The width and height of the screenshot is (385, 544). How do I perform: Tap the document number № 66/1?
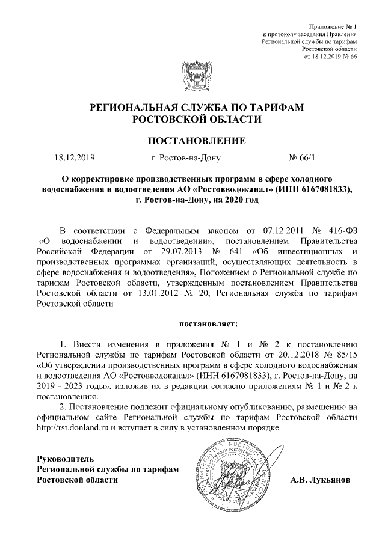coord(301,159)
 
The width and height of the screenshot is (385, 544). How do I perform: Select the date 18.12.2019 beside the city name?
coord(74,159)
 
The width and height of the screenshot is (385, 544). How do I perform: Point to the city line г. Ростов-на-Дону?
coord(187,159)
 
